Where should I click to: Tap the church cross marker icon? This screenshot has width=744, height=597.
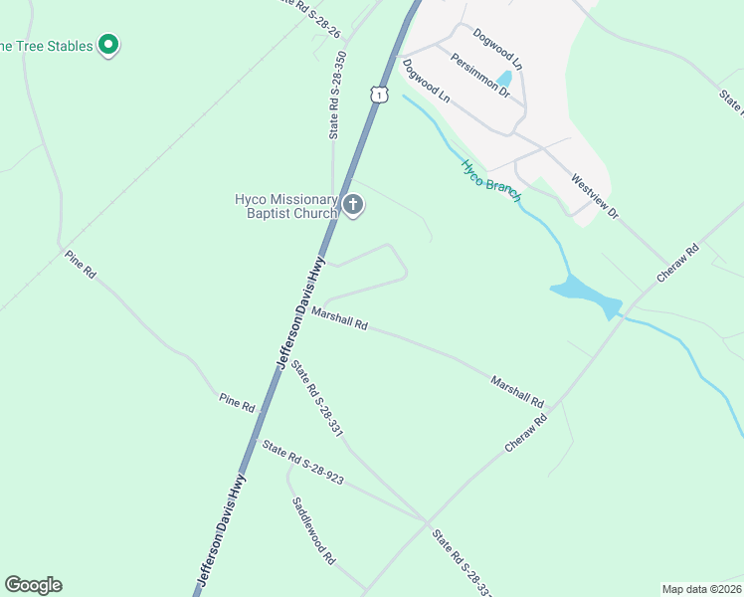[353, 206]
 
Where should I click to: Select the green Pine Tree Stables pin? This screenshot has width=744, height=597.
[109, 45]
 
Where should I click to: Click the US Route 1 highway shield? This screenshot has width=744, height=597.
[378, 95]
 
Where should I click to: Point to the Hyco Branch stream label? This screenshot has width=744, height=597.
[491, 180]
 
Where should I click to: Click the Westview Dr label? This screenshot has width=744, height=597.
[595, 198]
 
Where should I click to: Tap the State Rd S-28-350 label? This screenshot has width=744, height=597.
[338, 96]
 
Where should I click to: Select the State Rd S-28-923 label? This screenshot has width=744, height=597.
[303, 463]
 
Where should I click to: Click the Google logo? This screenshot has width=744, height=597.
[33, 585]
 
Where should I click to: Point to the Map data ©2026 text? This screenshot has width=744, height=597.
[700, 588]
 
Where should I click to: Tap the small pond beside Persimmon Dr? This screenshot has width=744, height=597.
[504, 79]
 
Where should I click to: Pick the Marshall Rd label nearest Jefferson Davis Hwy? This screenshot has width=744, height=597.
[339, 318]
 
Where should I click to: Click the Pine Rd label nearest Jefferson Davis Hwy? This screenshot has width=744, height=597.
[238, 403]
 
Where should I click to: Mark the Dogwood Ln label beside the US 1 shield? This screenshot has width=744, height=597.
[427, 82]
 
